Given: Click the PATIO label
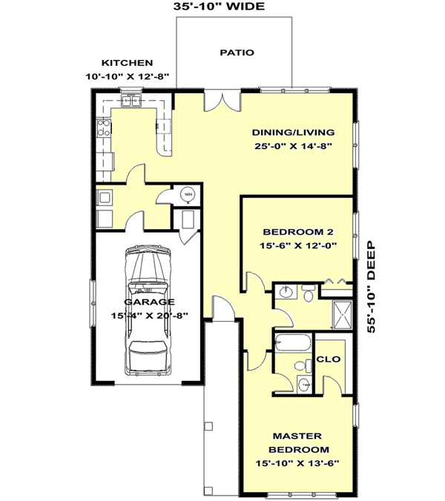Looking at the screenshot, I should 237,53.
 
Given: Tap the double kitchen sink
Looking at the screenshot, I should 131,102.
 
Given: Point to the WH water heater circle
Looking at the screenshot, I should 188,195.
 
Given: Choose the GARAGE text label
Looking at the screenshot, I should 150,302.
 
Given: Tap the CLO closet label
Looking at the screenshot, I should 328,359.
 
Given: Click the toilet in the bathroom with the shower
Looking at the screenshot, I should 307,295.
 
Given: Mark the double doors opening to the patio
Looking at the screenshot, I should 221,101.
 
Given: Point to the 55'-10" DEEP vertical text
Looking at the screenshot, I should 372,285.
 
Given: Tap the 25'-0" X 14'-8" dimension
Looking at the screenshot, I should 293,146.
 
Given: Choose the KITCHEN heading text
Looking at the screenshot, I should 128,63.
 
